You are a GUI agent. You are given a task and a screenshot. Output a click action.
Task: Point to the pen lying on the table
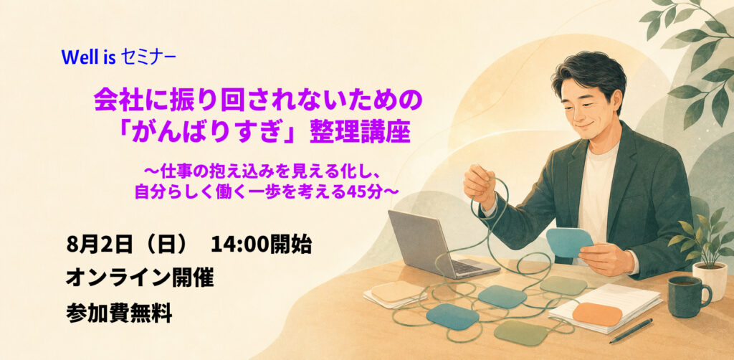(631, 331)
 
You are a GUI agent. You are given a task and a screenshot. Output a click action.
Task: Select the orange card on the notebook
(597, 313)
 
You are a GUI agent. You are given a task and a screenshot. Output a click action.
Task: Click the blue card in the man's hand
(569, 242)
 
